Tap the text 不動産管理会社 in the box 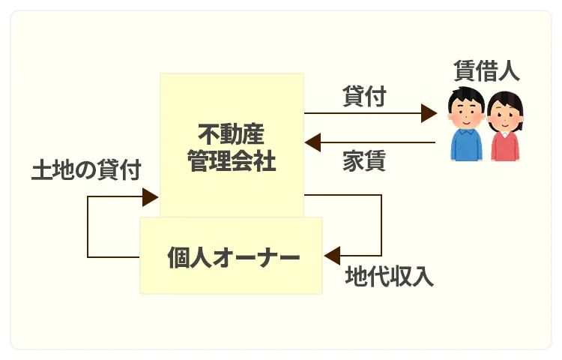click(232, 148)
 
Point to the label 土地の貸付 click(85, 169)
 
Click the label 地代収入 click(389, 277)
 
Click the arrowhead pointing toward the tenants click(429, 113)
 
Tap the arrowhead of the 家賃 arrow click(312, 142)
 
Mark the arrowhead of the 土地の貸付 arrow click(150, 197)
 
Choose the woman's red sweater click(505, 146)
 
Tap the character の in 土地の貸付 click(85, 169)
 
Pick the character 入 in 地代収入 click(423, 277)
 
